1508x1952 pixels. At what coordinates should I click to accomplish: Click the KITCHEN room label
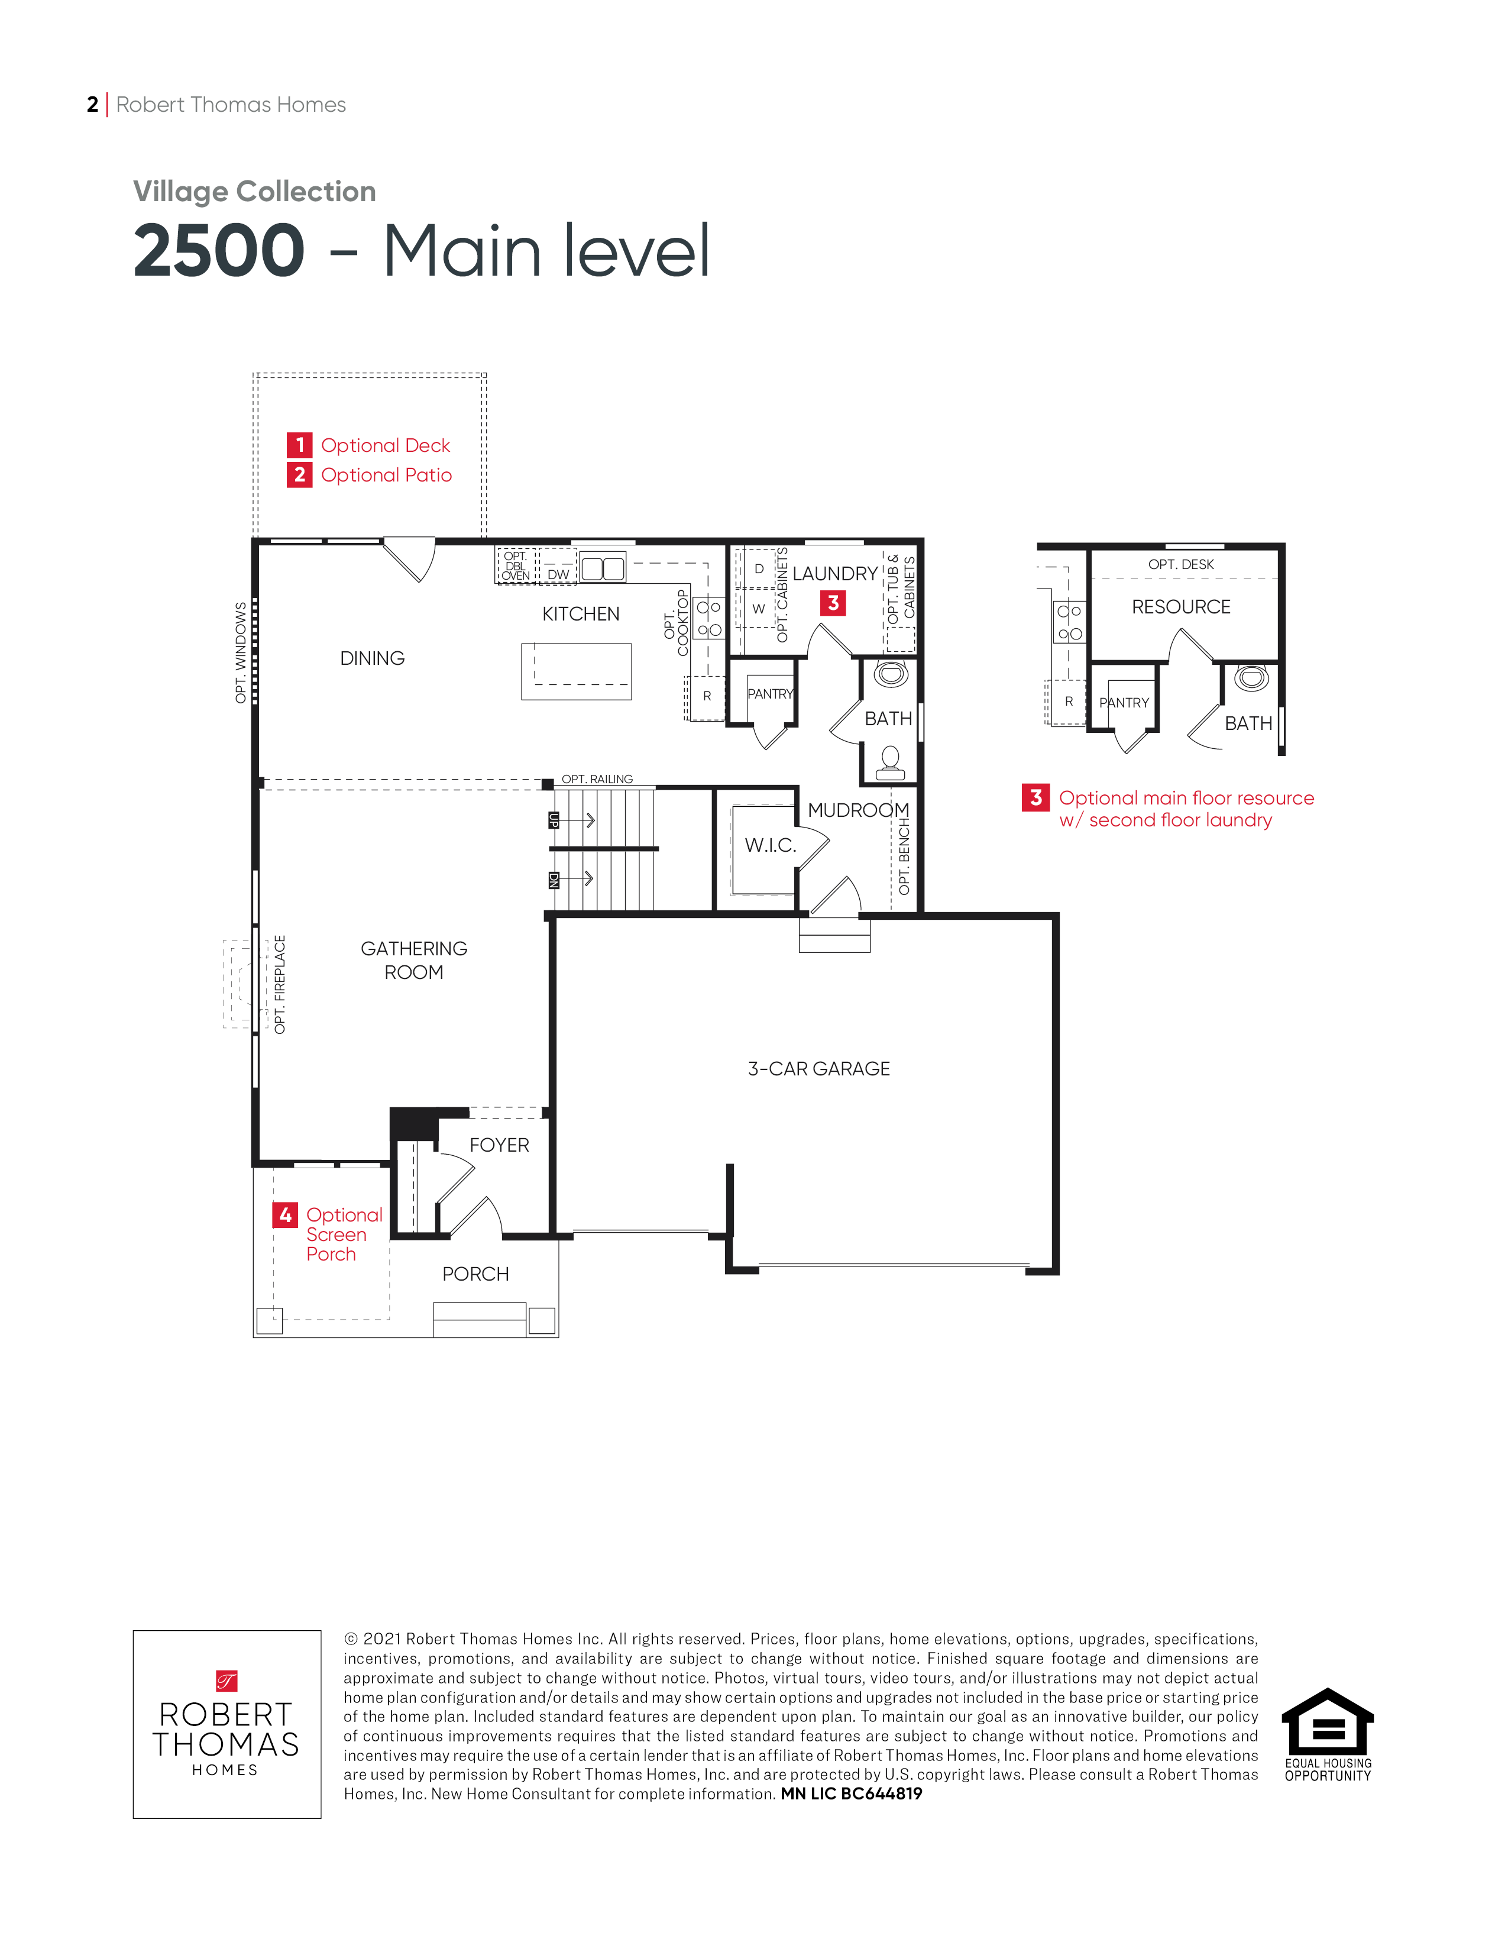pos(581,614)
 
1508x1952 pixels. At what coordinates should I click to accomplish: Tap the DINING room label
pos(373,659)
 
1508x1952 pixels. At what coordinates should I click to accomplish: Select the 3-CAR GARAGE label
pos(818,1069)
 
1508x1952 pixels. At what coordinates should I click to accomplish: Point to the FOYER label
pos(499,1145)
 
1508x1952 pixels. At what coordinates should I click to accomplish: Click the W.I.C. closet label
pos(770,845)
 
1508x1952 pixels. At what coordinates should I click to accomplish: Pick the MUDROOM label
pos(859,810)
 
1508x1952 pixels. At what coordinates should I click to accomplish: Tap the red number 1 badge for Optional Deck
pos(299,445)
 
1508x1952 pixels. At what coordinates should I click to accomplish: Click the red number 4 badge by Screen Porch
pos(285,1214)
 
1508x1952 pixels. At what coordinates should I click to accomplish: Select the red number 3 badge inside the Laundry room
pos(833,603)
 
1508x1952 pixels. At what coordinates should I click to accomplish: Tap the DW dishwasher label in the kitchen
pos(558,575)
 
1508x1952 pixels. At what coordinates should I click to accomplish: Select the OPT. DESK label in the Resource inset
pos(1181,565)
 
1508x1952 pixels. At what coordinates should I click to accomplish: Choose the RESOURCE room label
pos(1181,607)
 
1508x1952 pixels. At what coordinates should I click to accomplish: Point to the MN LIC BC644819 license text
pos(852,1794)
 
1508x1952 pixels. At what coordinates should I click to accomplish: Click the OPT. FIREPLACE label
pos(280,985)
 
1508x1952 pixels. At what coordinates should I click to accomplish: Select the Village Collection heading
pos(255,191)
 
